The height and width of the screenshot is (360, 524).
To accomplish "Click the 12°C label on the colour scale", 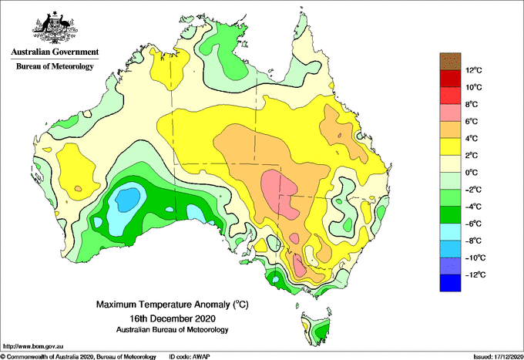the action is click(x=474, y=70).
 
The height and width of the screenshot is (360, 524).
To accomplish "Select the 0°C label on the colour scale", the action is click(x=472, y=173).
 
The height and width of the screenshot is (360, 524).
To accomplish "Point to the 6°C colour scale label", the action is click(x=472, y=121).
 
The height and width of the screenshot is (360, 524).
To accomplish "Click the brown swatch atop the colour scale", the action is click(x=450, y=61).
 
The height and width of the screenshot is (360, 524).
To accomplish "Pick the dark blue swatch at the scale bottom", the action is click(x=450, y=283).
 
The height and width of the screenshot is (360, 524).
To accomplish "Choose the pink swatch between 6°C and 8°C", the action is click(x=450, y=113).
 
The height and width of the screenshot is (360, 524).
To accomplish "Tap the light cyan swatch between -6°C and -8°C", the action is click(x=450, y=231).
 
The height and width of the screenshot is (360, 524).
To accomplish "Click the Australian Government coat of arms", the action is click(x=55, y=28).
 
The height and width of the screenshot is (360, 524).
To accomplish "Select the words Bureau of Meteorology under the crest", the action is click(x=55, y=66).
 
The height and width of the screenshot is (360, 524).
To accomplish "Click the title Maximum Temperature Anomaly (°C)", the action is click(x=173, y=304).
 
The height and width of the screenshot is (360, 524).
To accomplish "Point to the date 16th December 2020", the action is click(x=173, y=318).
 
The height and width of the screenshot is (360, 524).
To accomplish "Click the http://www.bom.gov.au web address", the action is click(x=33, y=346).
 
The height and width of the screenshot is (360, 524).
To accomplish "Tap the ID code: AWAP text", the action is click(x=190, y=357).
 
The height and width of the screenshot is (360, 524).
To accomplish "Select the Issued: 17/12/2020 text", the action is click(x=498, y=357).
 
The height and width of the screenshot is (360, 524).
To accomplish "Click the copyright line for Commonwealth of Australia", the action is click(x=79, y=357).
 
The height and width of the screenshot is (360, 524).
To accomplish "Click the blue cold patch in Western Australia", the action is click(x=127, y=199).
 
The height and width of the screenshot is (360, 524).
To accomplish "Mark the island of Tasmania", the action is click(x=317, y=330).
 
